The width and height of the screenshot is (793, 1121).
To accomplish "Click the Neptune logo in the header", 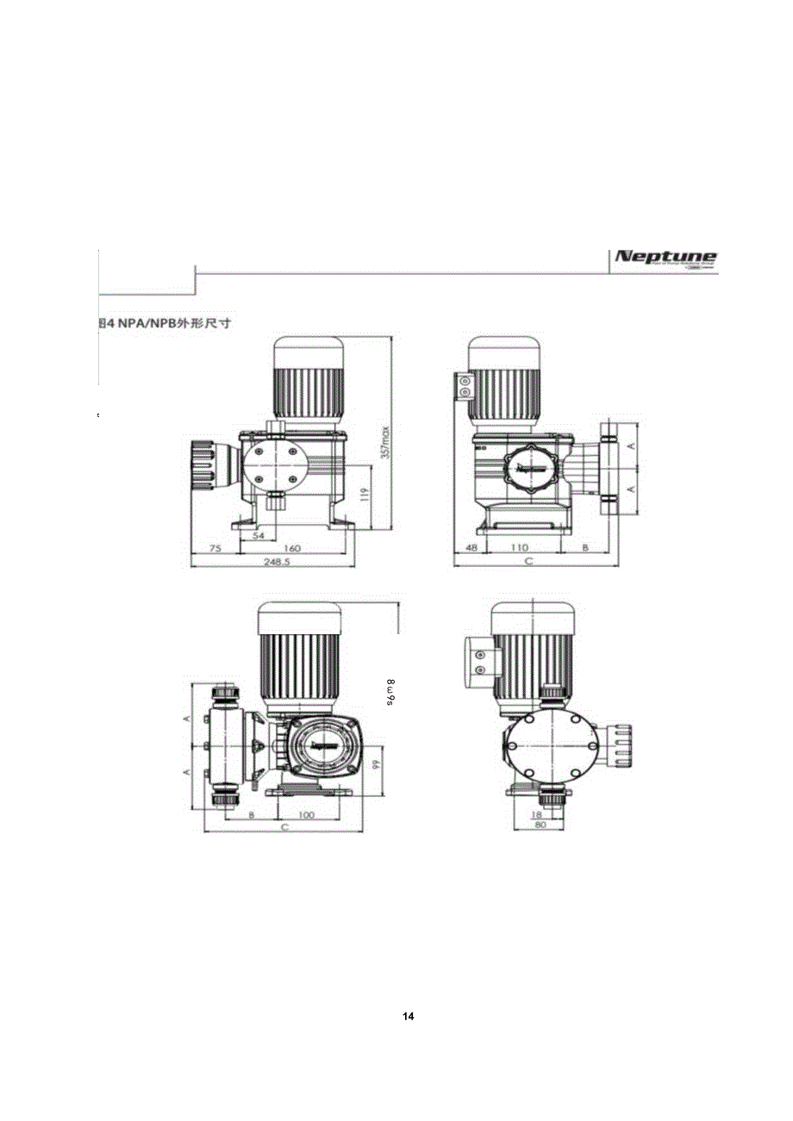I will pos(665,258).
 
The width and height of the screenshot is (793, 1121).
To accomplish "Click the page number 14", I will pos(409,1017).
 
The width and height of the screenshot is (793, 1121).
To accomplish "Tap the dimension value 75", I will pos(215,547).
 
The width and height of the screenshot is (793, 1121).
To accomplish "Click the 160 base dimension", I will pos(291,547).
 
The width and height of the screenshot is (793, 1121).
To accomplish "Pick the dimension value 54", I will pos(258,535).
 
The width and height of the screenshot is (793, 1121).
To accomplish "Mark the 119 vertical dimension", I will pos(365,494).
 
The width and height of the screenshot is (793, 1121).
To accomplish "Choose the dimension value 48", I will pos(471,547).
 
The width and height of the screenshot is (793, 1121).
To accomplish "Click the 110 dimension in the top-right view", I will pos(519,547).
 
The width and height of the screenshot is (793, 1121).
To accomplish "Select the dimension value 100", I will pos(306,814).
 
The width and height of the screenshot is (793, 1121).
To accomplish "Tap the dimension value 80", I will pos(540,825).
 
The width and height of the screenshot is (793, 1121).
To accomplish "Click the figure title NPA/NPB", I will pos(169,323).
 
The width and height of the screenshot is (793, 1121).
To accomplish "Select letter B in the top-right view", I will pos(584,547).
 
